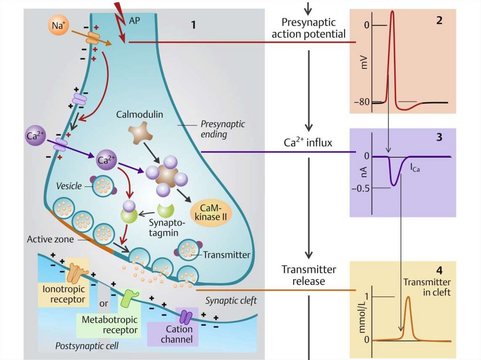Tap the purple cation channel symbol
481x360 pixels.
tap(184, 317)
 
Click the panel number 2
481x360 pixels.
tap(439, 21)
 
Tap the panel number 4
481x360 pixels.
tap(439, 271)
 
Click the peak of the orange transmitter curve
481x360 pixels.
tap(408, 297)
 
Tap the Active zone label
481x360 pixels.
tap(50, 239)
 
